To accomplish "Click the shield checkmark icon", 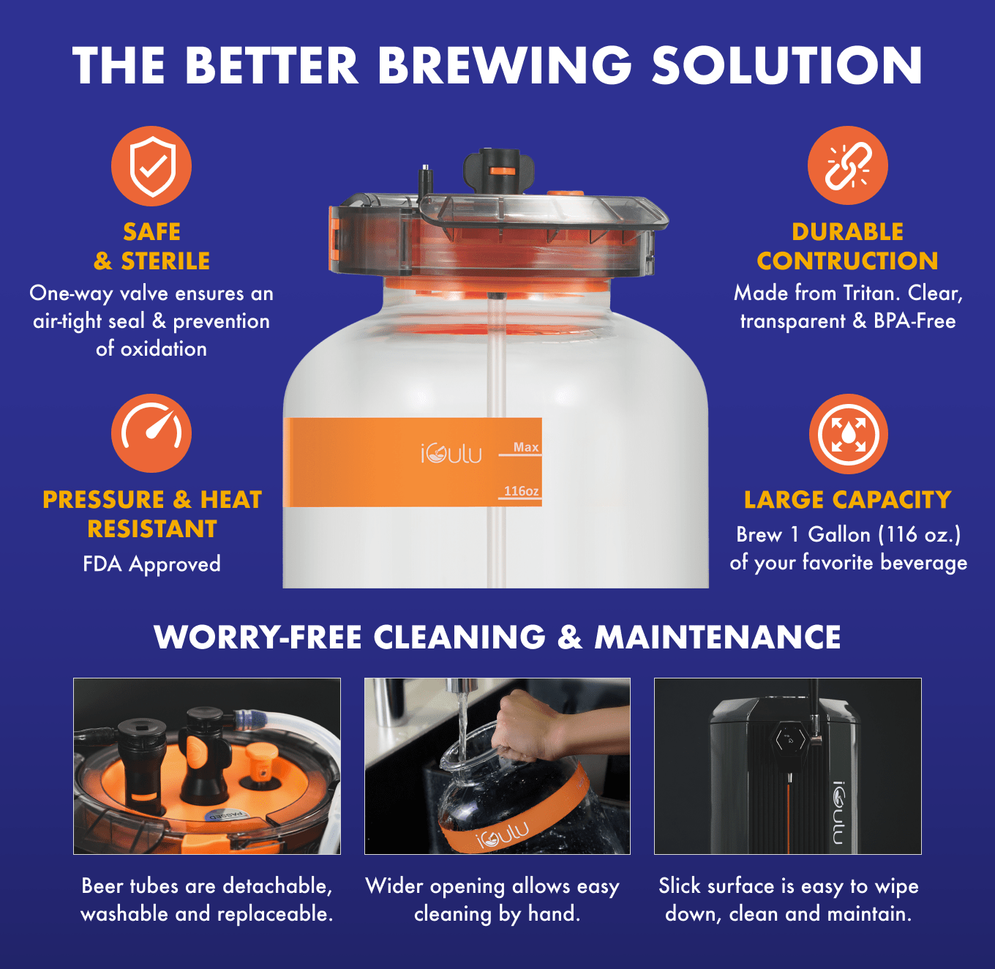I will pos(151,166).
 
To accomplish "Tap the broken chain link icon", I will pos(847,165).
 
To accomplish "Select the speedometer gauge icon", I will pos(151,433).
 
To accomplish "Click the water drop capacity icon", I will pos(848,434).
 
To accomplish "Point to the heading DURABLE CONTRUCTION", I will pos(847,246).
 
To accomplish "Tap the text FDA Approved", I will pos(151,564).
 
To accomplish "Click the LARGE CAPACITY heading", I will pos(847,500).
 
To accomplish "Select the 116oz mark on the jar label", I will pos(521,491).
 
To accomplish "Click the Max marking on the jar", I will pos(525,447).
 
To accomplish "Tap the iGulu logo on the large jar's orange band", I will pos(451,454).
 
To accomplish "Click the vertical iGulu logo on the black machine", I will pos(838,812).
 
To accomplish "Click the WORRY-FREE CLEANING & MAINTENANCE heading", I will pos(497,637).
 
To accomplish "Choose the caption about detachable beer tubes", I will pos(206,899).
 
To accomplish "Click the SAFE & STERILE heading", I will pos(151,246).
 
